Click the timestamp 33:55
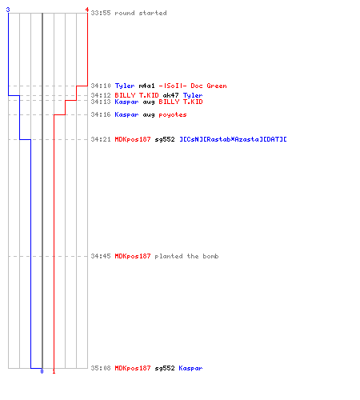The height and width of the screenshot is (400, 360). (x=101, y=13)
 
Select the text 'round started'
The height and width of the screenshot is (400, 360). (x=141, y=13)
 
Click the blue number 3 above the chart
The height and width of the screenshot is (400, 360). (x=8, y=10)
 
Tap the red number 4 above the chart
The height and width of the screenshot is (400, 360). (x=87, y=10)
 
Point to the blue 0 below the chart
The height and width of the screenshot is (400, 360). (x=42, y=371)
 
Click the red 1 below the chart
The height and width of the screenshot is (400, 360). (x=54, y=371)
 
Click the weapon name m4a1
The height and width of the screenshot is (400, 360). (x=146, y=86)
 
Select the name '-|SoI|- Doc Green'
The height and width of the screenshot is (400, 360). (x=193, y=86)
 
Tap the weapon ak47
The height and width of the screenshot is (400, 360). (x=170, y=95)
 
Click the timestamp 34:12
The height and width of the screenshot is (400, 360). (x=101, y=95)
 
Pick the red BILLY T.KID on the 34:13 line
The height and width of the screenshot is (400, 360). (x=181, y=102)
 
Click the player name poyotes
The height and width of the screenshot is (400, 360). (x=173, y=114)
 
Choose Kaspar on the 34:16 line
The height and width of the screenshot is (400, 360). (x=126, y=114)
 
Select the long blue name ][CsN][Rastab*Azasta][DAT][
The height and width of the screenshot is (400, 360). (x=233, y=139)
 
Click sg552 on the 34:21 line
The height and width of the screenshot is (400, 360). (x=165, y=139)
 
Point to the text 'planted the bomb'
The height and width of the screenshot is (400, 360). (x=186, y=256)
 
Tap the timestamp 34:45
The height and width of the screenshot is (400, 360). (x=101, y=256)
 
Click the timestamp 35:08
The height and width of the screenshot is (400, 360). (x=101, y=368)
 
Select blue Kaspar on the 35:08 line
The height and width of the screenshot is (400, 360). (x=190, y=368)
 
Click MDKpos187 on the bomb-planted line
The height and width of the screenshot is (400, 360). (x=133, y=256)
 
